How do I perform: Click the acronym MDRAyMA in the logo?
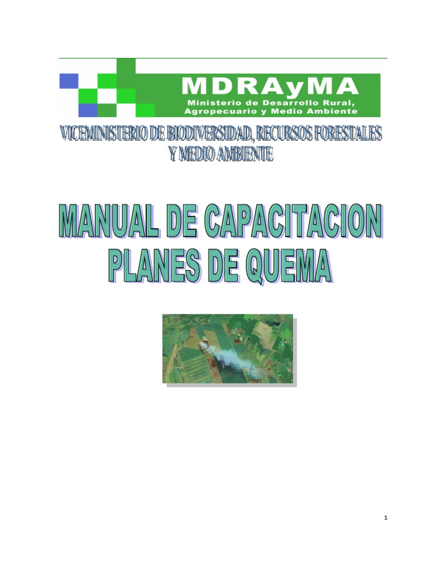pos(269,86)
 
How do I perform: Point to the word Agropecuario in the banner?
pos(224,111)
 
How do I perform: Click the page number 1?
pos(385,518)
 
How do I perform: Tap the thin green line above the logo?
pos(223,58)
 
